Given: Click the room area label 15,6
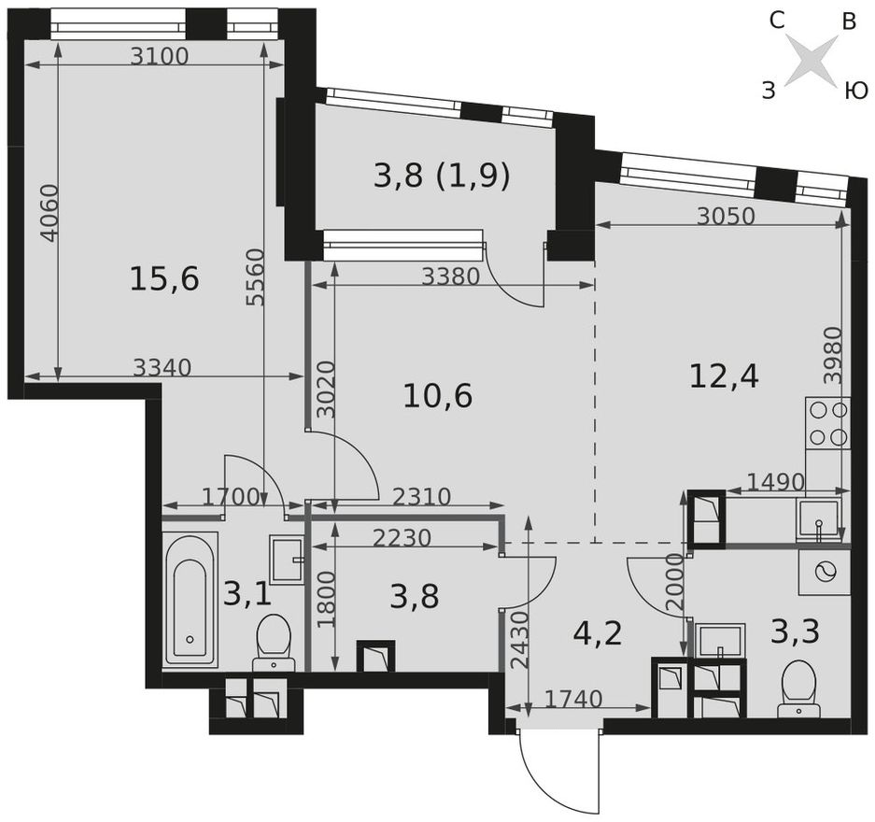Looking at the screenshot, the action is coord(163,279).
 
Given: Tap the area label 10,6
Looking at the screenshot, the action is coord(437,396).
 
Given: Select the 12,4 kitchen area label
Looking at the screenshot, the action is coord(725,376).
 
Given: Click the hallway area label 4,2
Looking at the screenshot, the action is coord(598,632).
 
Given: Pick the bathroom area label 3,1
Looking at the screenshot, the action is coord(247,594).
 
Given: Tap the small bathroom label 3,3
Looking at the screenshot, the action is coord(796,631).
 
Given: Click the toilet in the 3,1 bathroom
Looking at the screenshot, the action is coord(274,643).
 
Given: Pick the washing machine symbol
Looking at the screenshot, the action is coord(825,573).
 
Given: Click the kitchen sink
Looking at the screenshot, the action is coord(818,520).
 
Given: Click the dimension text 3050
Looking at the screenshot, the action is coord(726,217).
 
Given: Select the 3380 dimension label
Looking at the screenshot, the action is coord(450,276).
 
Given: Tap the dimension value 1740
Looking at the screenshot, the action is coord(573,699).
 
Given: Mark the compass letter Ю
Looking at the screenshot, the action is coord(854,90).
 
